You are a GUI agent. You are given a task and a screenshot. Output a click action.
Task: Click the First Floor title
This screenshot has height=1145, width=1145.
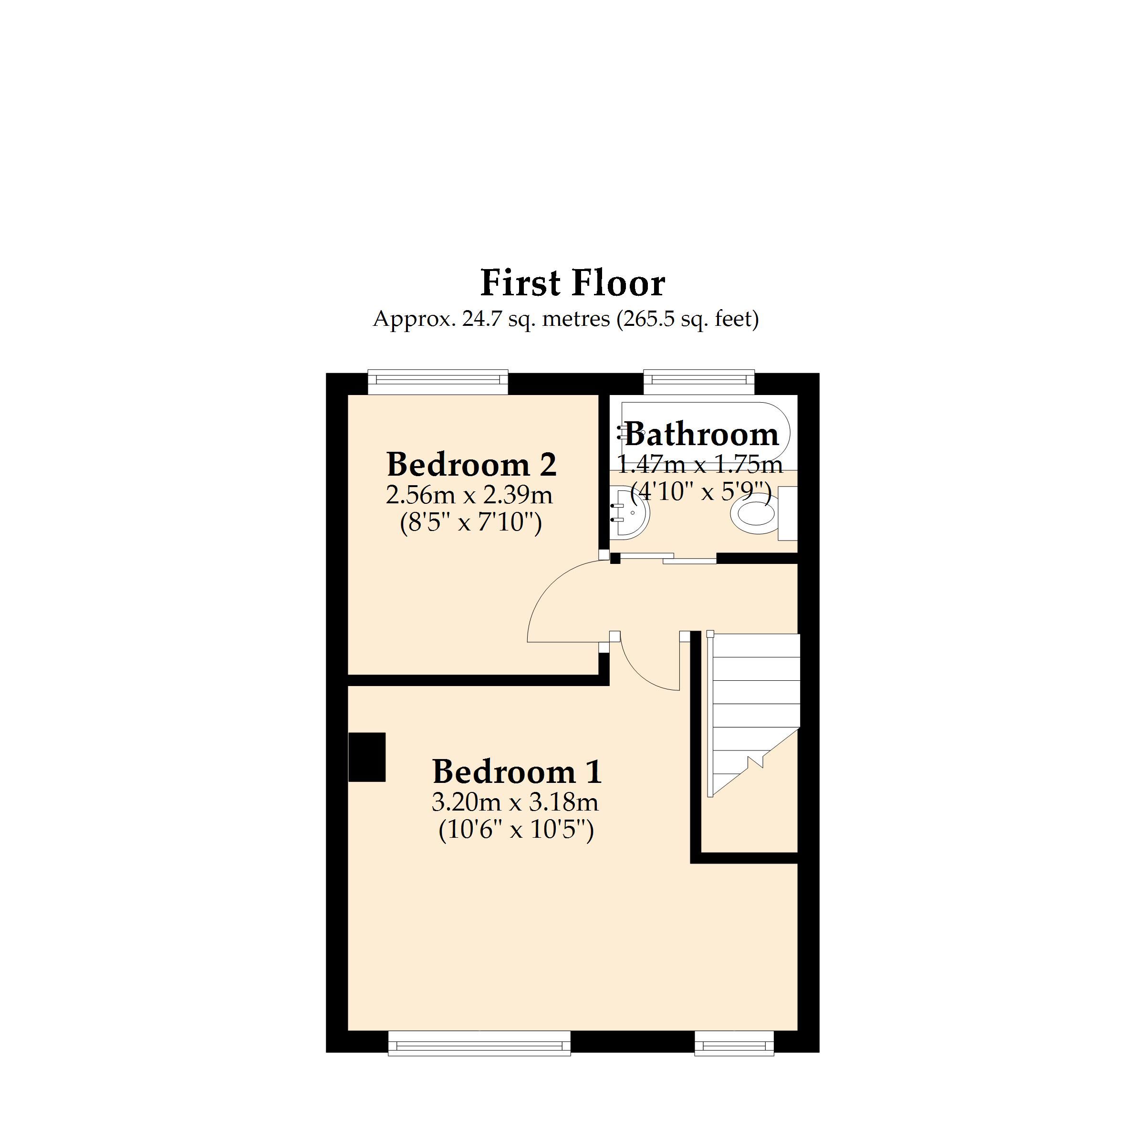[572, 283]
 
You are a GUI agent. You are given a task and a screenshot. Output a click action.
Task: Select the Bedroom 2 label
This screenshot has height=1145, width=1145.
[471, 465]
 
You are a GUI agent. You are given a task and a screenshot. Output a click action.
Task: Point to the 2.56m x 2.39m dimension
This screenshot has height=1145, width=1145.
[469, 495]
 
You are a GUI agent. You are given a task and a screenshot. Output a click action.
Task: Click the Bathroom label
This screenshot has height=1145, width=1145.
[702, 435]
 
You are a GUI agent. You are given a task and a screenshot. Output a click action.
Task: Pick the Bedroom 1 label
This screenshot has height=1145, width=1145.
[517, 771]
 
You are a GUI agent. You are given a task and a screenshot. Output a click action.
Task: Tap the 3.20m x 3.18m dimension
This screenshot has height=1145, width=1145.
[515, 802]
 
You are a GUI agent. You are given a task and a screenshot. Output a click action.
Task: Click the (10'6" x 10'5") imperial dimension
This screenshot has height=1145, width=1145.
[516, 830]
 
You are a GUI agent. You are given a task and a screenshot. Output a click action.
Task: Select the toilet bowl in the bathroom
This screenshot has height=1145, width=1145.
[754, 515]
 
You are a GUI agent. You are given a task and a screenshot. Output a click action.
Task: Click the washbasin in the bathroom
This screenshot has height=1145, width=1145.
[631, 511]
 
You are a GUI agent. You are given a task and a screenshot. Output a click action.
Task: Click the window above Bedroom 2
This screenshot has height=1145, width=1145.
[438, 382]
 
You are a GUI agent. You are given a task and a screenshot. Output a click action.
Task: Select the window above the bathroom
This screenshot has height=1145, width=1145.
[699, 382]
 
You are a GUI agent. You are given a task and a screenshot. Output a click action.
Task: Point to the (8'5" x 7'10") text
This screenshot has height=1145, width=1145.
[470, 523]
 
